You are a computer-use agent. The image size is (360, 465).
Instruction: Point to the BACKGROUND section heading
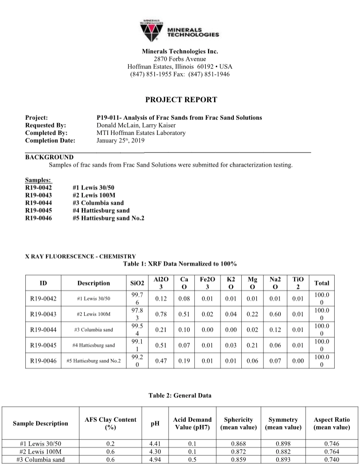tap(49, 157)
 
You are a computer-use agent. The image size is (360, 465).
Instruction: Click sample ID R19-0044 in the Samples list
tap(39, 203)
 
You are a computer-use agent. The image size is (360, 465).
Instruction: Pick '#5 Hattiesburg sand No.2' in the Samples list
tap(108, 218)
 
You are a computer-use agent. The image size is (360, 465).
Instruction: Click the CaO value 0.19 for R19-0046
tap(184, 361)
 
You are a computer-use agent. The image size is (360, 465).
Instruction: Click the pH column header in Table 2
tap(155, 423)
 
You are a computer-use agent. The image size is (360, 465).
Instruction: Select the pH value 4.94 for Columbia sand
tap(155, 459)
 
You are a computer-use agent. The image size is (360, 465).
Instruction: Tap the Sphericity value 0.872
tap(238, 452)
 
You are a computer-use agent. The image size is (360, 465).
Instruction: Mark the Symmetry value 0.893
tap(283, 459)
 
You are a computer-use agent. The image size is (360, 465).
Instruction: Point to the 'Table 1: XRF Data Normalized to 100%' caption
tap(180, 264)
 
